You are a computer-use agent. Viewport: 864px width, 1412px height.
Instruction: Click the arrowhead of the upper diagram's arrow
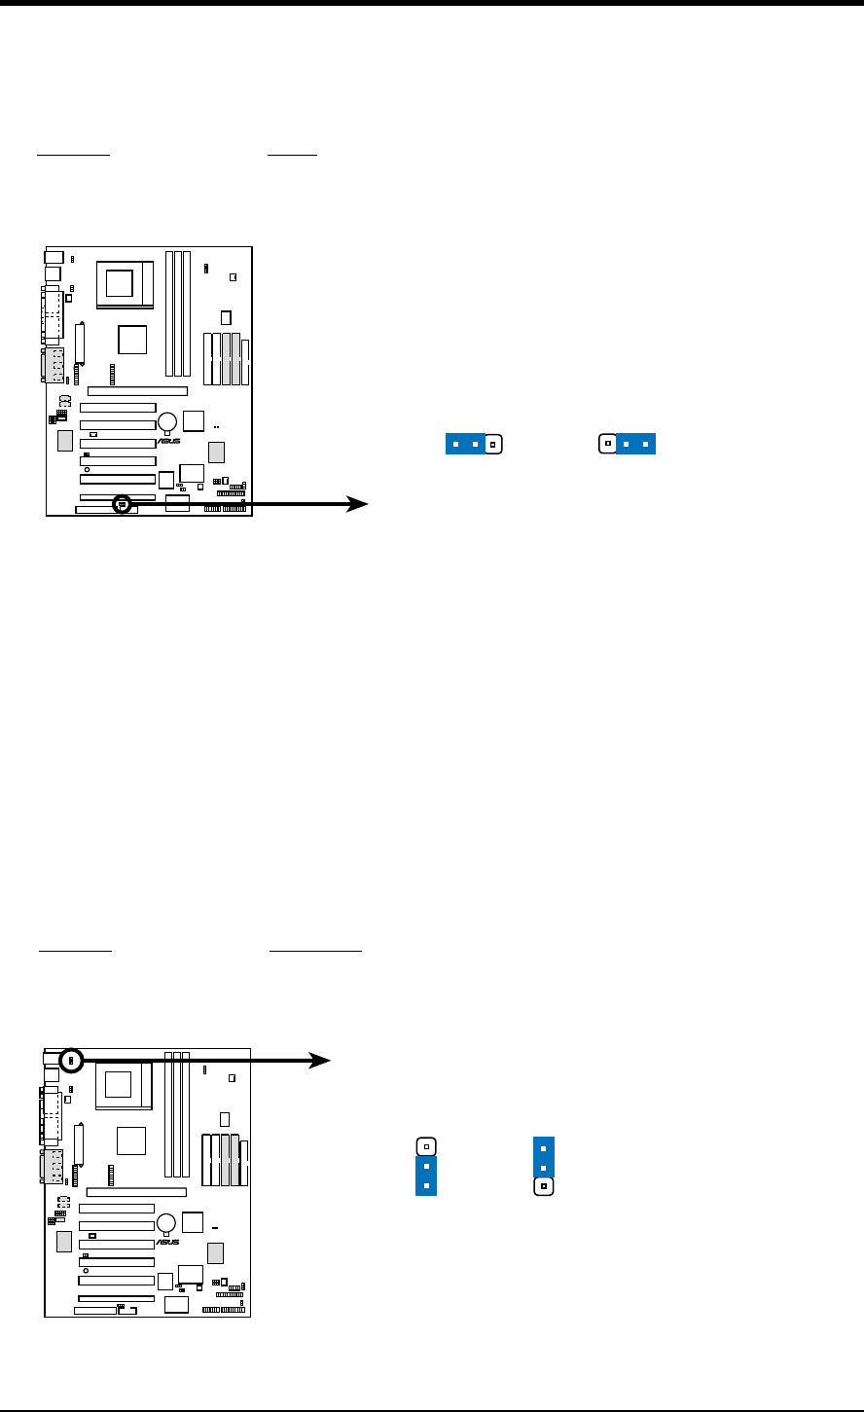(x=360, y=503)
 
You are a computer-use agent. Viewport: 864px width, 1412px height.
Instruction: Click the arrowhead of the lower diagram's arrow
(x=321, y=1061)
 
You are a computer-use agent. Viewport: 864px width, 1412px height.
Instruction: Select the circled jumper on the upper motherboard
(x=122, y=504)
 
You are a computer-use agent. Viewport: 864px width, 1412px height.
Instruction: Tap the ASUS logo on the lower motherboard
(x=167, y=1242)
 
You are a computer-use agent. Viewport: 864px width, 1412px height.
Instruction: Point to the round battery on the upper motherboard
(x=167, y=421)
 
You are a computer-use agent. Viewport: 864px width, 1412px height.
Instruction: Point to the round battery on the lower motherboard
(x=166, y=1223)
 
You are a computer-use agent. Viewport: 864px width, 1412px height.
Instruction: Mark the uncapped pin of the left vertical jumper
(x=426, y=1146)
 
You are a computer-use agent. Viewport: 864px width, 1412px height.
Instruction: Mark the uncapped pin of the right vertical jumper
(x=544, y=1187)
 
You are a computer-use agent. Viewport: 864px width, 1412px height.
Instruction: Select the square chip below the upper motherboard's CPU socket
(x=131, y=339)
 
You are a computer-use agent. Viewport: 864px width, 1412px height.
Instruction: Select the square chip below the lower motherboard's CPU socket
(x=130, y=1141)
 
